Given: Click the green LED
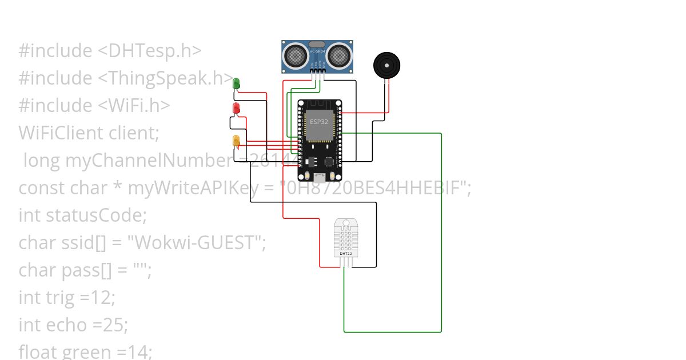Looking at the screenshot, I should coord(236,83).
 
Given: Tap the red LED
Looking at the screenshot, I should coord(236,108).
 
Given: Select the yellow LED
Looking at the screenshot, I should coord(236,140).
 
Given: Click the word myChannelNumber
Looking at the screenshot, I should coord(148,161).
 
